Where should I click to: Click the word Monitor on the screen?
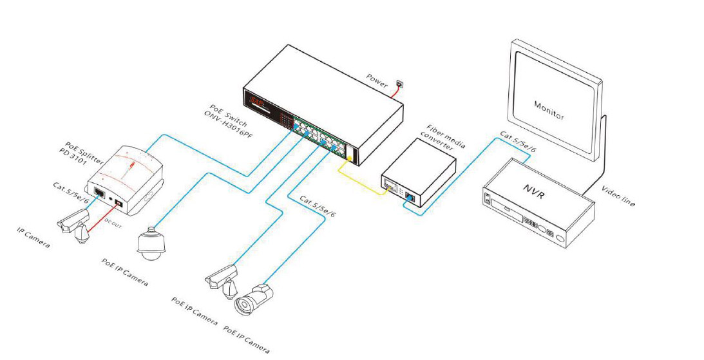click(549, 111)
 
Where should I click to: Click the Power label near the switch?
click(377, 81)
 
